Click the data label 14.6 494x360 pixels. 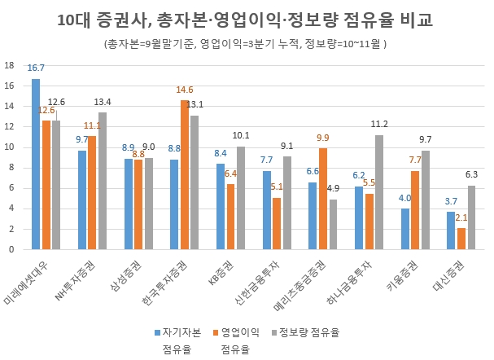tap(185, 90)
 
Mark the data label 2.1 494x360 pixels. tap(461, 217)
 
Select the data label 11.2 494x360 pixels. tap(379, 125)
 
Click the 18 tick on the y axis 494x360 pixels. tap(9, 64)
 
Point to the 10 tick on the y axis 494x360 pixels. tap(9, 147)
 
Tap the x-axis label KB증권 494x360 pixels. tap(221, 271)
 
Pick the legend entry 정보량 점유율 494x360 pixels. tap(308, 332)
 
